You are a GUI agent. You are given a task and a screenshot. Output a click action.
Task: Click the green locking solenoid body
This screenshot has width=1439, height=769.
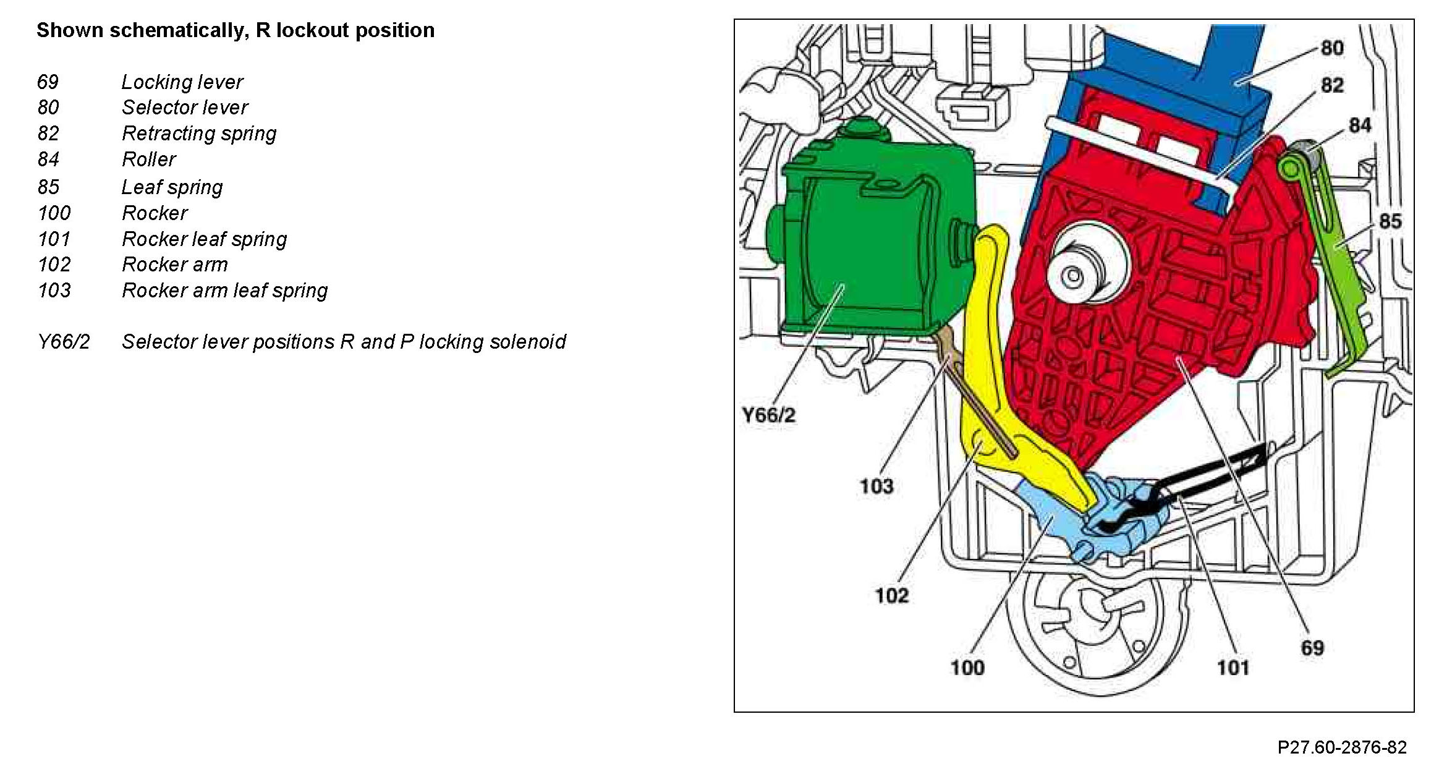click(878, 247)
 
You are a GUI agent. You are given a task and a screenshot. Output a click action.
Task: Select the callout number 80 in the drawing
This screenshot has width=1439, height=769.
click(1332, 48)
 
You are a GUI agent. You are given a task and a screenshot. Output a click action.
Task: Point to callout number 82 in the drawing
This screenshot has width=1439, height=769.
click(1332, 85)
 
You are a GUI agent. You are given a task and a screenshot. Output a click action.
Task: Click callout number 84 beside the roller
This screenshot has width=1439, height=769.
click(1360, 125)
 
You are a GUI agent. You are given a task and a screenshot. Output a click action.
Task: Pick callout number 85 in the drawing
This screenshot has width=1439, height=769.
click(1390, 221)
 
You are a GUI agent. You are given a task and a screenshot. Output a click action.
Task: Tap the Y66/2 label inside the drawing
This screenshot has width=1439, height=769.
click(768, 415)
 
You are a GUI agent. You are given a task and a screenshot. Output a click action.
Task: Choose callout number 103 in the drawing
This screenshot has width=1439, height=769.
click(877, 486)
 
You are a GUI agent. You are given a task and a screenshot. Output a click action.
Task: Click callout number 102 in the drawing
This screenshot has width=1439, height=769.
click(891, 596)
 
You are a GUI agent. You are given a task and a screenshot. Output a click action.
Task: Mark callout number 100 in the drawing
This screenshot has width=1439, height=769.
click(967, 668)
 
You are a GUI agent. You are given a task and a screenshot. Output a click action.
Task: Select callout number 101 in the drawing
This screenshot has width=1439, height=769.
click(1233, 668)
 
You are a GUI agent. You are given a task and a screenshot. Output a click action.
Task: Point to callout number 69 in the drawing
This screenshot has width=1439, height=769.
click(1312, 648)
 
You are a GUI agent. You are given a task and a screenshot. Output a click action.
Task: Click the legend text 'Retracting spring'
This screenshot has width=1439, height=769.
click(199, 134)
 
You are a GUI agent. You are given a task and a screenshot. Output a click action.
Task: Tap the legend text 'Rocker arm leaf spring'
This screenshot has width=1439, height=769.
click(224, 291)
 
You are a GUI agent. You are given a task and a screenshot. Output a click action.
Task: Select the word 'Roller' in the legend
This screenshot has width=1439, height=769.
click(149, 159)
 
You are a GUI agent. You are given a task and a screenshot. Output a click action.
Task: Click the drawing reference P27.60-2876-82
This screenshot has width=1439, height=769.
click(1342, 747)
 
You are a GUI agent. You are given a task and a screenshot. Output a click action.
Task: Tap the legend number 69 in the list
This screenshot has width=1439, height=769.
click(48, 82)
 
